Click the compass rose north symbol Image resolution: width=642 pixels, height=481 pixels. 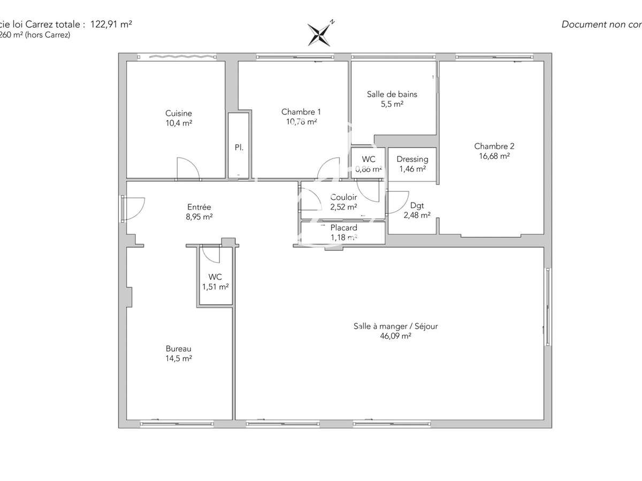320,34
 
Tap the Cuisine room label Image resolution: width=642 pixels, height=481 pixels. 179,113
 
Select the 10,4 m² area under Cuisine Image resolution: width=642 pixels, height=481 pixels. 179,123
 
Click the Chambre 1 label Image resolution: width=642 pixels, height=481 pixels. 301,112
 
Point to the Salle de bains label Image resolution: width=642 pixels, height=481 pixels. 392,94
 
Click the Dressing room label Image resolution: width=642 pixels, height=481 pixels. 412,159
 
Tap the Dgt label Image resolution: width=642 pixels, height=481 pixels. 417,205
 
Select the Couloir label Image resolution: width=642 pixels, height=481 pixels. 343,197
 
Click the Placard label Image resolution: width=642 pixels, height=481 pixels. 343,228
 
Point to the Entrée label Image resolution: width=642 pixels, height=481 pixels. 199,207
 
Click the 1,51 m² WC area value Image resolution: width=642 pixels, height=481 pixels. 215,286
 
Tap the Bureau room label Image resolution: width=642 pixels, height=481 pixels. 179,348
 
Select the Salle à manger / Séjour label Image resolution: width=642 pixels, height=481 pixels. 395,326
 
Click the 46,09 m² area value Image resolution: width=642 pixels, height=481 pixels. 395,336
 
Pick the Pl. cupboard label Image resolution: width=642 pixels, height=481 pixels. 239,147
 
